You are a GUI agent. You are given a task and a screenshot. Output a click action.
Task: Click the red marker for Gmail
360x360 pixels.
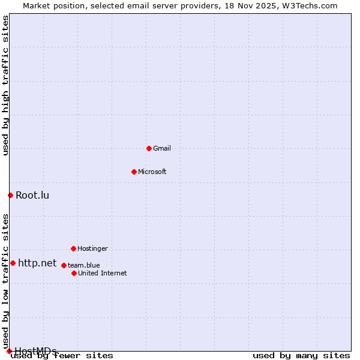point(149,148)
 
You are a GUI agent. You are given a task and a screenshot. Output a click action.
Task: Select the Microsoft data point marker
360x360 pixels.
point(134,172)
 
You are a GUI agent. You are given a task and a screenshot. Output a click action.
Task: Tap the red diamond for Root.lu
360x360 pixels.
point(10,195)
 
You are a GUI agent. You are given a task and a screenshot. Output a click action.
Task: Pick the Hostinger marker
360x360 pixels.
point(73,248)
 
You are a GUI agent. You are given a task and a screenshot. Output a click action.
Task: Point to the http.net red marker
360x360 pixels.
point(13,263)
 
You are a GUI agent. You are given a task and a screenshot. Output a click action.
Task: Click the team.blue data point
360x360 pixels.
point(64,265)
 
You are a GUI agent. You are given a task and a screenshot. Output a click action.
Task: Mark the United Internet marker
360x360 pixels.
point(74,273)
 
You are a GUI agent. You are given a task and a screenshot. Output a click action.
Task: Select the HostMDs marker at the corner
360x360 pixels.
point(9,351)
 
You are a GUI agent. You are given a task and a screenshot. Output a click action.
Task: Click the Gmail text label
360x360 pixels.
point(162,148)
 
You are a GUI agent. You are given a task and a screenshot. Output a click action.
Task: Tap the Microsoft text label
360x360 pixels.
point(152,172)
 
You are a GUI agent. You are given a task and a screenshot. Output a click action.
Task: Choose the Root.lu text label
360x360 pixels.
point(32,195)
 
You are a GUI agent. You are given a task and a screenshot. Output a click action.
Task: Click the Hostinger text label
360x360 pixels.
point(92,248)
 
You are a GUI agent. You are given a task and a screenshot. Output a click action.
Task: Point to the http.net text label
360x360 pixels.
point(37,263)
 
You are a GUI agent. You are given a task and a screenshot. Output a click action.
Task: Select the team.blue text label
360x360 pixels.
point(84,265)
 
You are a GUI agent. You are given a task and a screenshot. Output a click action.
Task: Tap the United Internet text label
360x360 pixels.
point(103,273)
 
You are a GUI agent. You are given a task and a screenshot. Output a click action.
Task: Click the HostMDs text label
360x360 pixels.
point(35,351)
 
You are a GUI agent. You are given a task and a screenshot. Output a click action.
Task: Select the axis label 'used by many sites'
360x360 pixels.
point(301,356)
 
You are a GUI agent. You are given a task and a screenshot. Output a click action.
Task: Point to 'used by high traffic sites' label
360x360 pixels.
point(6,85)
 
